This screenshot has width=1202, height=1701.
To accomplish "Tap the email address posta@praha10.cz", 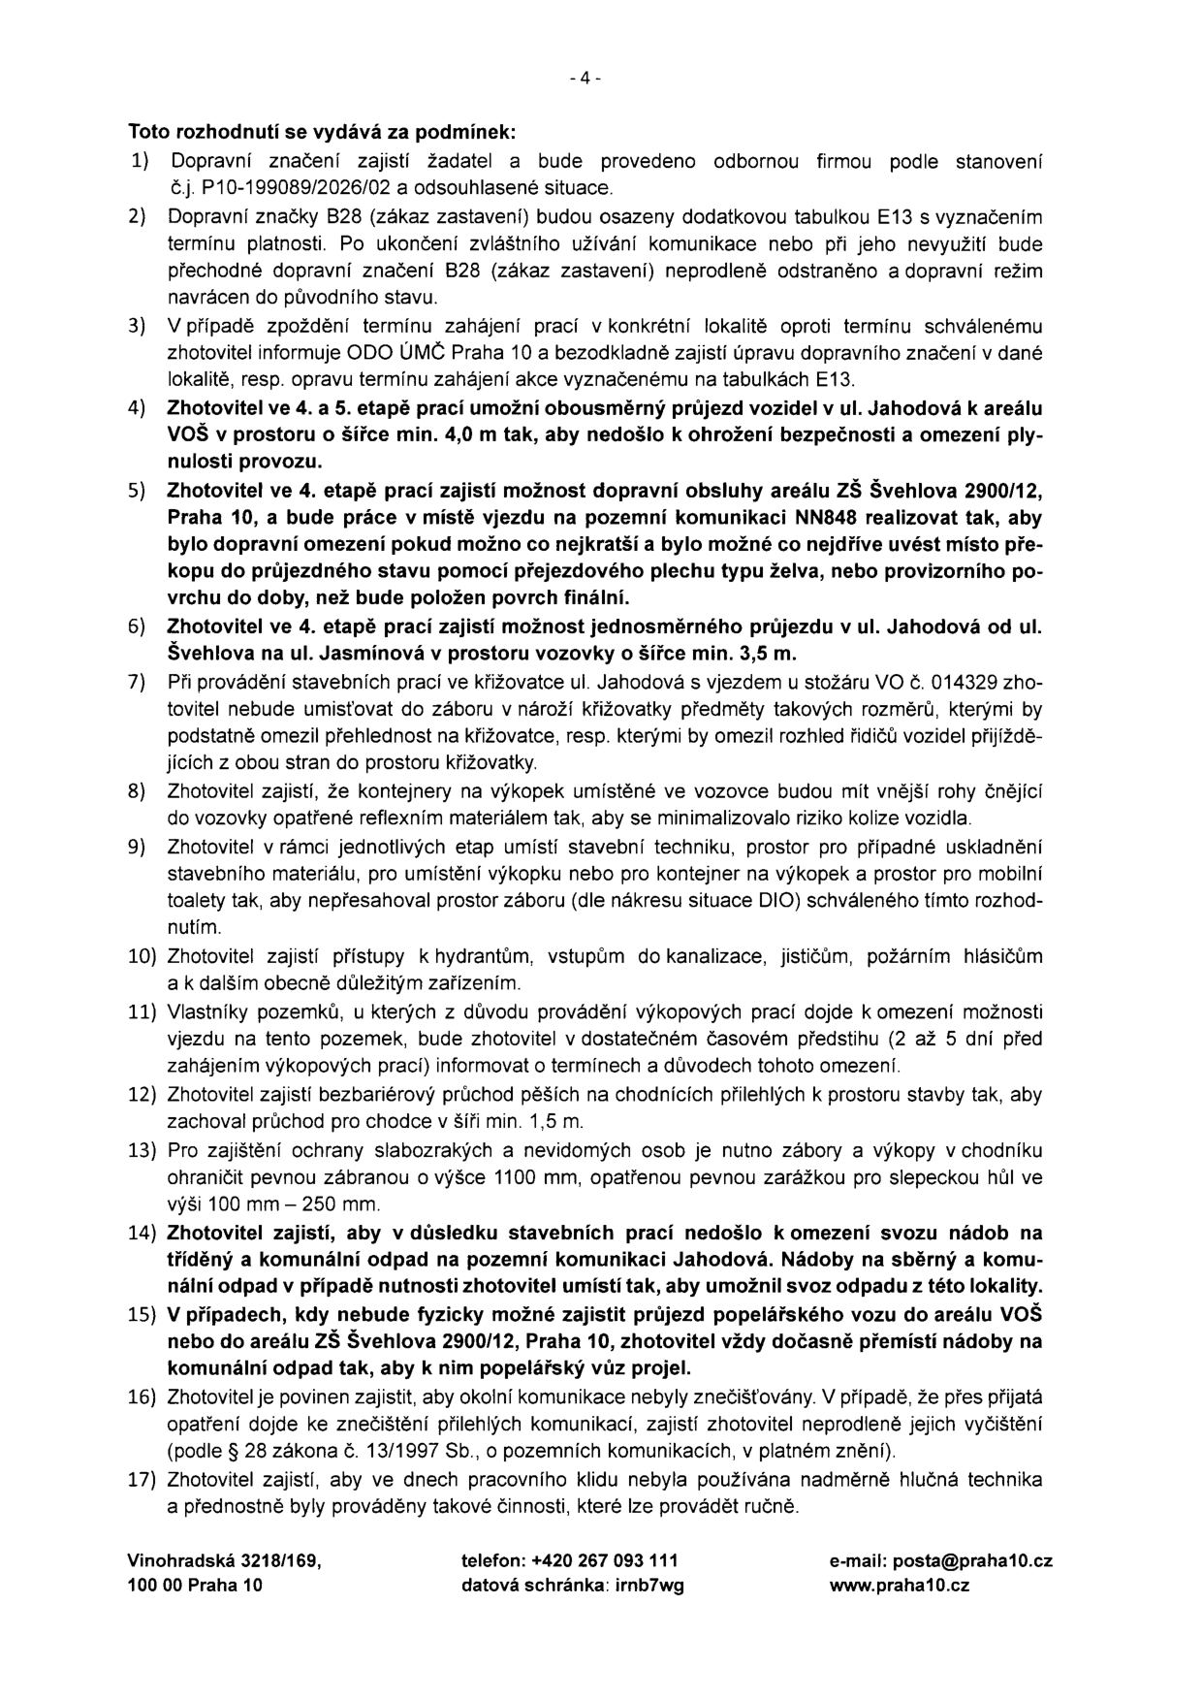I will pyautogui.click(x=940, y=1561).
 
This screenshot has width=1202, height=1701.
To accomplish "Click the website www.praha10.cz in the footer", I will pyautogui.click(x=899, y=1587).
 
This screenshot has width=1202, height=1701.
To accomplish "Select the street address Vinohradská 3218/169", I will pyautogui.click(x=223, y=1561).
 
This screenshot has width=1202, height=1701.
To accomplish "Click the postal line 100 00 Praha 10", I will pyautogui.click(x=194, y=1587).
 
